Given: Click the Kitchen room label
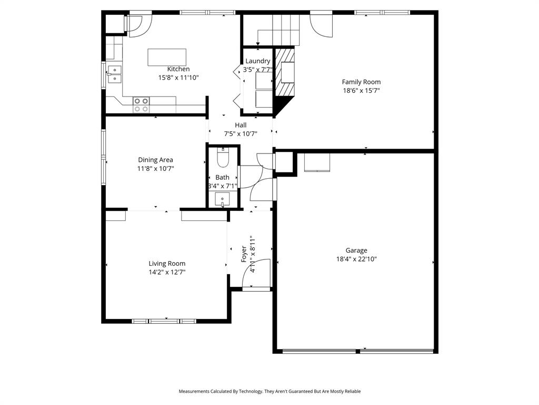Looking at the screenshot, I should pyautogui.click(x=178, y=69).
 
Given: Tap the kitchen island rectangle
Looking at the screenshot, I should pyautogui.click(x=167, y=57).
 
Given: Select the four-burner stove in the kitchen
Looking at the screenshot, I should pyautogui.click(x=141, y=104).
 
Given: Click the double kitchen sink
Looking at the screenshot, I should pyautogui.click(x=114, y=74).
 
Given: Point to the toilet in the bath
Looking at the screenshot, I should pyautogui.click(x=223, y=158).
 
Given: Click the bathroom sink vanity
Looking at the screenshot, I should pyautogui.click(x=223, y=200).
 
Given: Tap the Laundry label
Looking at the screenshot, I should pyautogui.click(x=257, y=61).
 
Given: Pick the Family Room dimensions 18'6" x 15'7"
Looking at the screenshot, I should pyautogui.click(x=361, y=90).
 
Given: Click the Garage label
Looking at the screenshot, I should pyautogui.click(x=356, y=250).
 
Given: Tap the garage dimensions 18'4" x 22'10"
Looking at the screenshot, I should pyautogui.click(x=356, y=259).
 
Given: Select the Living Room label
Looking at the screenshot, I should pyautogui.click(x=167, y=264).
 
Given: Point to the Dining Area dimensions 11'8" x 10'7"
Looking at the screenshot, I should pyautogui.click(x=155, y=169).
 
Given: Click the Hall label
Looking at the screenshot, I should pyautogui.click(x=241, y=125).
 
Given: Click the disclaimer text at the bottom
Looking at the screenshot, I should pyautogui.click(x=269, y=391).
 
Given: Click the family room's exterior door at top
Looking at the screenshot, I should pyautogui.click(x=321, y=24).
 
